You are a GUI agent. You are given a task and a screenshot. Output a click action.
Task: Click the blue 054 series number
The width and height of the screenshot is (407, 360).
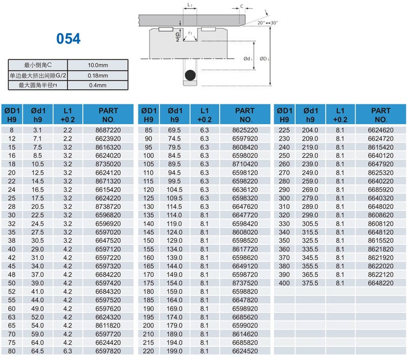coord(69,39)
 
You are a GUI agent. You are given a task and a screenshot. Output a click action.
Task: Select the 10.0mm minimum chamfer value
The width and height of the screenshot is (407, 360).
coord(98,65)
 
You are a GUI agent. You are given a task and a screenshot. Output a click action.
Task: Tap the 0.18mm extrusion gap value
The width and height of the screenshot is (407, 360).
coord(98,75)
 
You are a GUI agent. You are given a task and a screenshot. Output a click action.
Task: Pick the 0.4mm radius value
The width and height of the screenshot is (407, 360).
coord(98,85)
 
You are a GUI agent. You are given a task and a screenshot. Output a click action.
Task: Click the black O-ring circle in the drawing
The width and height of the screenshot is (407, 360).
coord(190,75)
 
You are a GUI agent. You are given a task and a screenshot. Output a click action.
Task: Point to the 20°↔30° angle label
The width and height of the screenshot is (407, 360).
coord(268,23)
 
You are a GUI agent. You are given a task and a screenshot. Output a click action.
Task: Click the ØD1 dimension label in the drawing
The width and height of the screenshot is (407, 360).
coord(264,59)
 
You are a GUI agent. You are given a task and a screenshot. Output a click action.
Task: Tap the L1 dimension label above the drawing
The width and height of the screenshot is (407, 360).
coord(190,5)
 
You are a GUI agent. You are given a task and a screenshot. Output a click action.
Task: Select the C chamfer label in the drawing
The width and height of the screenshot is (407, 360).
coord(242,6)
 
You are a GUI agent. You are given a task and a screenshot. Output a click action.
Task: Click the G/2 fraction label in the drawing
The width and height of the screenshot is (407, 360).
coord(178,37)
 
